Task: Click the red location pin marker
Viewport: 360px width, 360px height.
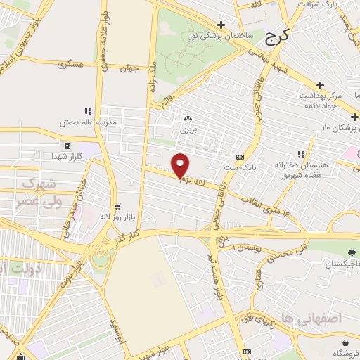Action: coord(181,166)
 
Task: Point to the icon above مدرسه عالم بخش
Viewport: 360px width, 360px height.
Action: coord(88,111)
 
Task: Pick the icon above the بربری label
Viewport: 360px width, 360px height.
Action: coord(187,119)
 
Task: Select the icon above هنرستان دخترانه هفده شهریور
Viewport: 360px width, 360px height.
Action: coord(300,154)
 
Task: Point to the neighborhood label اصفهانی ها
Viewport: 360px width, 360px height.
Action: coord(301,318)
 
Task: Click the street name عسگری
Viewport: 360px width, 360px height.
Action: coord(73,65)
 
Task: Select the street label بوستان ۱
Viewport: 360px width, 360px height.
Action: coord(244,247)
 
